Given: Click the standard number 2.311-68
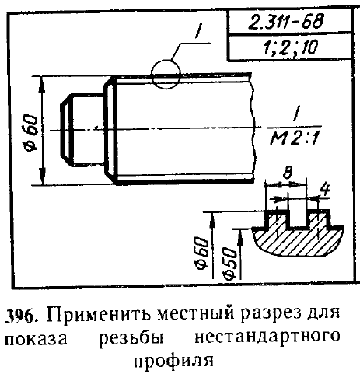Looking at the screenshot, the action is click(286, 21).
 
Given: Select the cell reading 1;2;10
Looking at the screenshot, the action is click(290, 47).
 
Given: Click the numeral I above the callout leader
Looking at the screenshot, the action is click(199, 31).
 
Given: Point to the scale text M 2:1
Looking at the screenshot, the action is click(294, 138).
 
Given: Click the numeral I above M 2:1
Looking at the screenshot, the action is click(295, 114).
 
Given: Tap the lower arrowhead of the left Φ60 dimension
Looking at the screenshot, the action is click(42, 177).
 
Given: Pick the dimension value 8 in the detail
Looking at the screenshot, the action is click(288, 173).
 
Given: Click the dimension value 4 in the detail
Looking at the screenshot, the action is click(324, 189).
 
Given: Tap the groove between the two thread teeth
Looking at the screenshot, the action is click(297, 218).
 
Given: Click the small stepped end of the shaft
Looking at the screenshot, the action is click(82, 130).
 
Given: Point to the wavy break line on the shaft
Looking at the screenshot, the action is click(253, 128).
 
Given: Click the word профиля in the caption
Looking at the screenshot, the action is click(173, 361).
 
